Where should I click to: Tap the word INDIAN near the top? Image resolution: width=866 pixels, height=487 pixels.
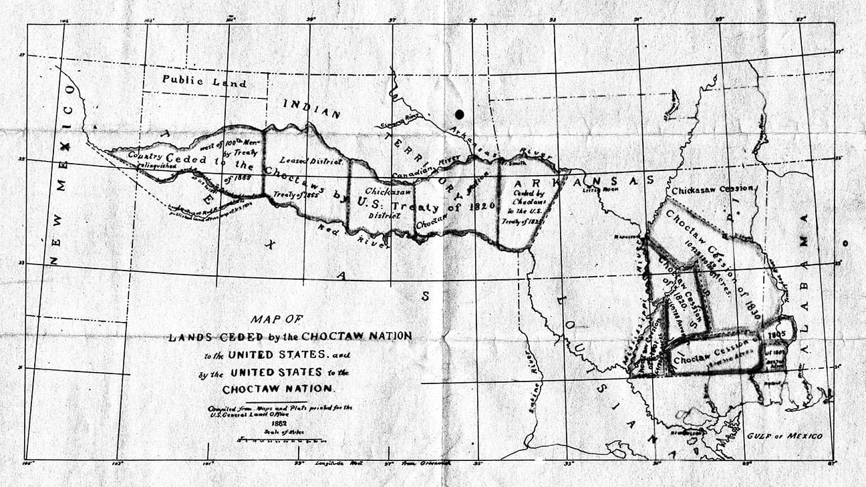(x=312, y=109)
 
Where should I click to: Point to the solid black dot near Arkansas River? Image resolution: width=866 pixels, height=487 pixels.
(x=459, y=114)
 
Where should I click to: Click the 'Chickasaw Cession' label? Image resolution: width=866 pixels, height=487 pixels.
(x=713, y=189)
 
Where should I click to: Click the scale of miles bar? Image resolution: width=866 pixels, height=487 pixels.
(x=281, y=441)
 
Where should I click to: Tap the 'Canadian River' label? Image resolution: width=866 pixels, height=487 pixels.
(x=429, y=166)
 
